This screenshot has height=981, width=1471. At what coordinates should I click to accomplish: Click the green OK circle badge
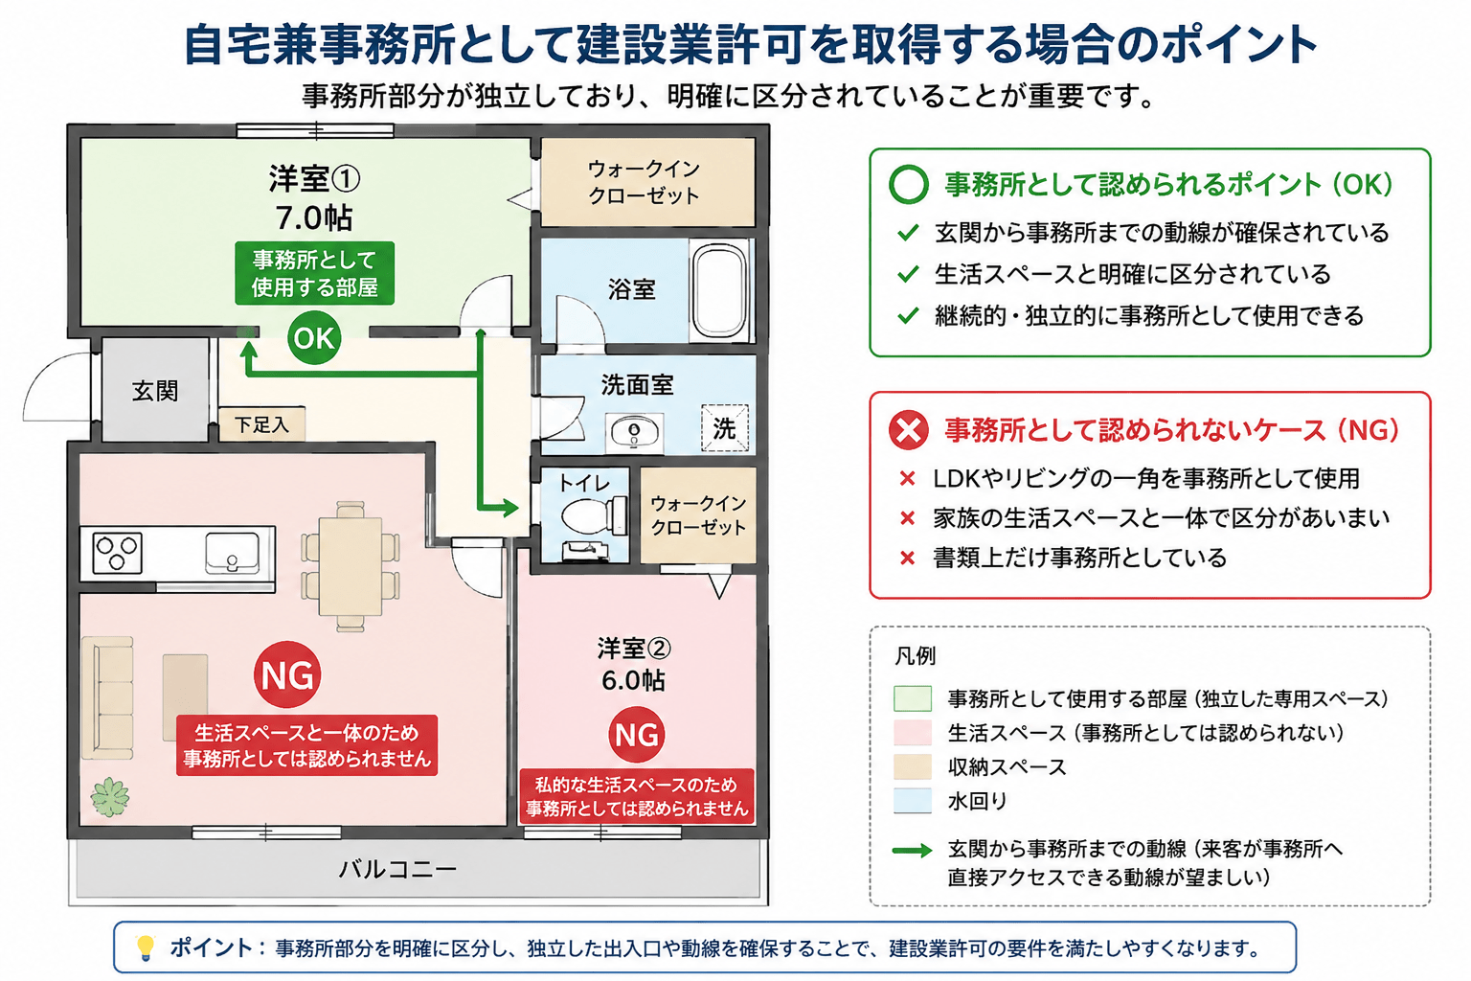pos(314,338)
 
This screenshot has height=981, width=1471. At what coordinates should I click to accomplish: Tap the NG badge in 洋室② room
pos(636,734)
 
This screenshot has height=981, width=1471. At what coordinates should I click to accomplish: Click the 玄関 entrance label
pos(155,391)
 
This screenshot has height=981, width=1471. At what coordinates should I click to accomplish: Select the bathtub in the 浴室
pos(719,289)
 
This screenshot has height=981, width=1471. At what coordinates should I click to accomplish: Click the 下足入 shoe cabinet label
pos(262,424)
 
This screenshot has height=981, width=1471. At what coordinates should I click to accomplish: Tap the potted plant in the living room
pos(110,797)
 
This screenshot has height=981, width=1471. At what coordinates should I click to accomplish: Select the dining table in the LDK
pos(351,566)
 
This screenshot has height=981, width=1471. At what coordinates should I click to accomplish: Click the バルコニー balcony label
pos(398,869)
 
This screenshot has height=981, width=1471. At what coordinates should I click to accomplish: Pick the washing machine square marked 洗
pos(724,428)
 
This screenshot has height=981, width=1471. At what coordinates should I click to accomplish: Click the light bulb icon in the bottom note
pos(146,947)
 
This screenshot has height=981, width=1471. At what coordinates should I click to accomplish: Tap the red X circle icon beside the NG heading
pos(908,430)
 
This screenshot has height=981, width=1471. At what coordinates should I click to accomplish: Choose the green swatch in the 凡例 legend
pos(912,698)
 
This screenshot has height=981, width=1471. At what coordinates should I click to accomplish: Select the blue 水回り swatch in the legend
pos(912,801)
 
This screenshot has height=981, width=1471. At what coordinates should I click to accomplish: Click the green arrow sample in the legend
pos(912,851)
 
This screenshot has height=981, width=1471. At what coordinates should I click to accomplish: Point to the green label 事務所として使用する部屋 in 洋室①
pos(314,273)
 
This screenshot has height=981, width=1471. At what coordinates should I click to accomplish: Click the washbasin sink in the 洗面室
pos(634,432)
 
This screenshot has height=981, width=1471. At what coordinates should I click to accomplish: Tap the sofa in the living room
pos(107,697)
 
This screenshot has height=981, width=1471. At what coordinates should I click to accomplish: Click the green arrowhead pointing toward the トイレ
pos(509,507)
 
